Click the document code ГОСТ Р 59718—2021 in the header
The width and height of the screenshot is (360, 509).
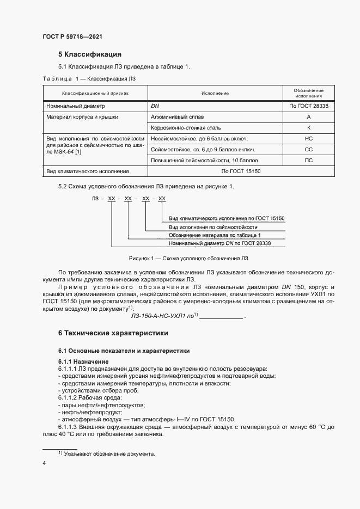click(72, 36)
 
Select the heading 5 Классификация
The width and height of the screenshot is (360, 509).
click(89, 54)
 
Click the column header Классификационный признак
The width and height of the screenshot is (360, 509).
click(95, 93)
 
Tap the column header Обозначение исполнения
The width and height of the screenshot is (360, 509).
click(308, 93)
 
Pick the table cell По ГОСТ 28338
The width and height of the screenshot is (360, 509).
click(308, 106)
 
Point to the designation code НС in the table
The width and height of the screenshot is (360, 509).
click(308, 138)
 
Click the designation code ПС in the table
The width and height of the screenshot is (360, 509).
click(308, 160)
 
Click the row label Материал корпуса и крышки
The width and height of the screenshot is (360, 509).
click(83, 116)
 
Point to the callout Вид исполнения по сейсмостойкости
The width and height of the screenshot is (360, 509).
click(212, 226)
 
